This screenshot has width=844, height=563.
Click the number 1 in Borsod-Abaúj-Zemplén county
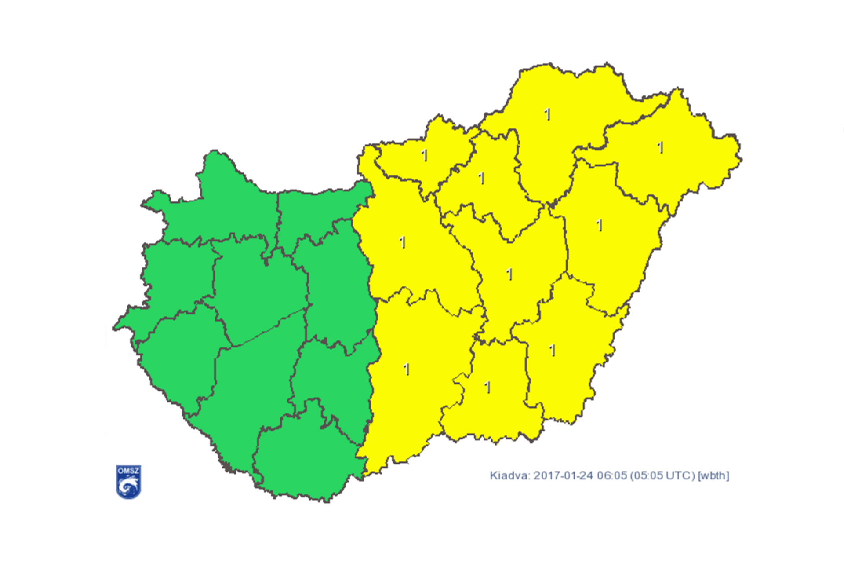547,114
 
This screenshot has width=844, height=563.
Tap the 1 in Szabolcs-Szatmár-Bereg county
660,148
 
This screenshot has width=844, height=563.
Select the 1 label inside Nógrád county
424,155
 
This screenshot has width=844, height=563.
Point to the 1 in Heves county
481,178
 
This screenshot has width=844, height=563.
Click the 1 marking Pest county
402,242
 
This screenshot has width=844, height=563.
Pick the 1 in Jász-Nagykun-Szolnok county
509,274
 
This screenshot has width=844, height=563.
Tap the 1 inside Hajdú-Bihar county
599,226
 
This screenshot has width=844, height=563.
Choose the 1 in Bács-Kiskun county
407,369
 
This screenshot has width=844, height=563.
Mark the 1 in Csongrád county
487,388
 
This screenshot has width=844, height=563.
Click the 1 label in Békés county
553,351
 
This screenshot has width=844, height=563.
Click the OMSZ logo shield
128,482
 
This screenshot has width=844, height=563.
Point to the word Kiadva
509,476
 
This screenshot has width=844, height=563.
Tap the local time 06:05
611,476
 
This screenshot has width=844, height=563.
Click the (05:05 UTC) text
662,476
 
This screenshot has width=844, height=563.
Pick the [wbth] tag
713,476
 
